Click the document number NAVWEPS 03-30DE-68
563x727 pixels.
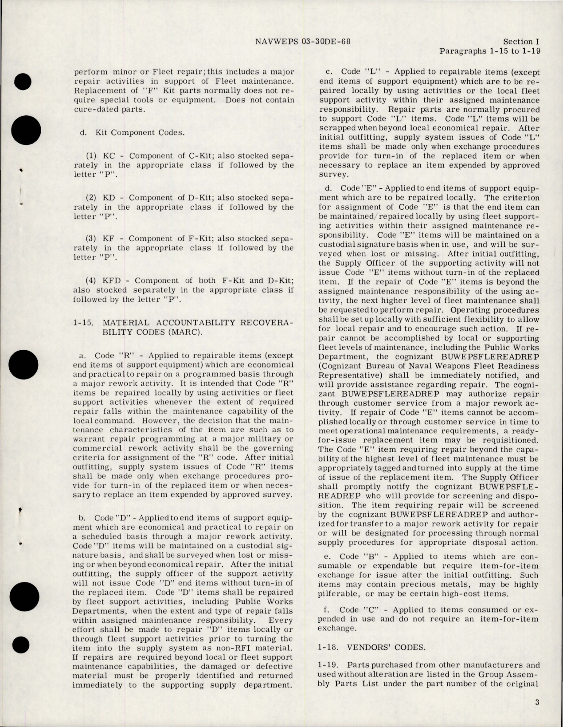pos(304,42)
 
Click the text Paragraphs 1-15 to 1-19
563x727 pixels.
pos(489,51)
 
